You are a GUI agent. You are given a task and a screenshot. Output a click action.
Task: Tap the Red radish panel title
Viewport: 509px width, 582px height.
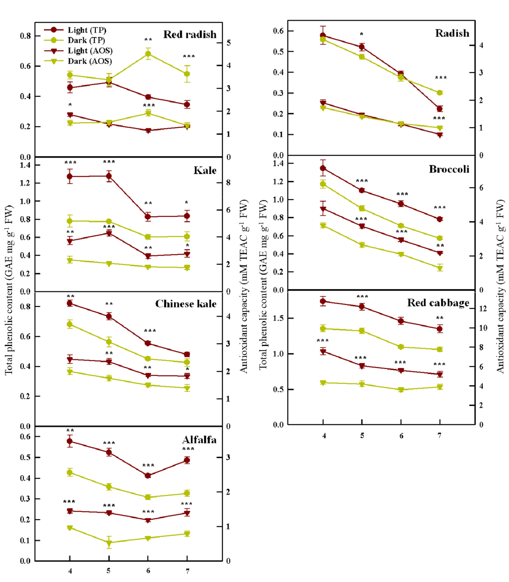(x=190, y=34)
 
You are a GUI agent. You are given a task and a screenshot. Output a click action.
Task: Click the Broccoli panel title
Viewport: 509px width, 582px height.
(x=449, y=169)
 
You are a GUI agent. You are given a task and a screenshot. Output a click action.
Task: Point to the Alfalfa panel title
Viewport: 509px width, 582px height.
(x=199, y=440)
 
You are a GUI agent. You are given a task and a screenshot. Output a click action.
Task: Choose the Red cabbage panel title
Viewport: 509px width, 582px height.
(x=438, y=302)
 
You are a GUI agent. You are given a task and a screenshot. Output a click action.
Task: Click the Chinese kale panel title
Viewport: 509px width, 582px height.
(x=186, y=304)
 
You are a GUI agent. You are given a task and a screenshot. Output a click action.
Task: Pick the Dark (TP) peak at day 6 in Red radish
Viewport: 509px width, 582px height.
(x=148, y=54)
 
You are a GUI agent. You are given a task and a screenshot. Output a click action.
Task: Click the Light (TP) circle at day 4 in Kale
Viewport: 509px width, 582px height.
(x=70, y=176)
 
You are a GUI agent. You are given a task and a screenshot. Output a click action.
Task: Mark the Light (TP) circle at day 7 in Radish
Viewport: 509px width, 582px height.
(x=440, y=108)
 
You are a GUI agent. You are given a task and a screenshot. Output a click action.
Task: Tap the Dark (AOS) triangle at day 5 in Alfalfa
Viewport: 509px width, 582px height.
(x=109, y=543)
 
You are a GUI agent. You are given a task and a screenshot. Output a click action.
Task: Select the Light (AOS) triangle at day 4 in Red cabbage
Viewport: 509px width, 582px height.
(x=323, y=352)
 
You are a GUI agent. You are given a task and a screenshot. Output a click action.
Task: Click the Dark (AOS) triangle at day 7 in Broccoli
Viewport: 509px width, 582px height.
(x=440, y=268)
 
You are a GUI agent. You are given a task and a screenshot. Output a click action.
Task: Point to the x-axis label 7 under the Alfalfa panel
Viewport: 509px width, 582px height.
(x=187, y=571)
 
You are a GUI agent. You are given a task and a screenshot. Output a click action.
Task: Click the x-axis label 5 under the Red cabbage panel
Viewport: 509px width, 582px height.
(x=362, y=436)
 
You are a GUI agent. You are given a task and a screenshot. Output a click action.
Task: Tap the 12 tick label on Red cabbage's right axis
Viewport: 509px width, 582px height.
(x=483, y=308)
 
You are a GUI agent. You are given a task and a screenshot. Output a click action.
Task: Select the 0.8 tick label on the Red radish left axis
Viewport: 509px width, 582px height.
(x=25, y=36)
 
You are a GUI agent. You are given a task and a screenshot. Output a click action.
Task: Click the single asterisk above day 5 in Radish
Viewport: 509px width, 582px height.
(x=361, y=34)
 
